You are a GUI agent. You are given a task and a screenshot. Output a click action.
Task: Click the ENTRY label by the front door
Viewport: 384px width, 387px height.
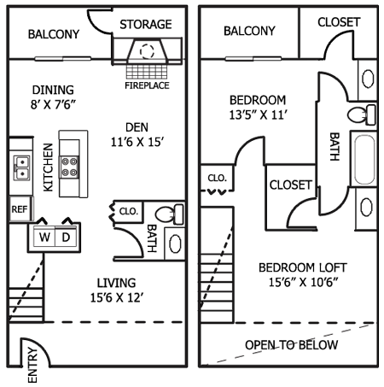pyautogui.click(x=32, y=366)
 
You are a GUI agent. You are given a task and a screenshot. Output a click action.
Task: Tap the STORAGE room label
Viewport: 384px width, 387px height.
pyautogui.click(x=146, y=25)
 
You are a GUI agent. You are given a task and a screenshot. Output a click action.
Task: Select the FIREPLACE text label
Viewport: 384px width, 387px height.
pyautogui.click(x=147, y=85)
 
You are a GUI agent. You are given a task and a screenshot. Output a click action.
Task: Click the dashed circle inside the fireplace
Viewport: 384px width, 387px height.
pyautogui.click(x=147, y=51)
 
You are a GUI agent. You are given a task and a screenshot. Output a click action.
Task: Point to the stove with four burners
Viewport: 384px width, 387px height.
pyautogui.click(x=69, y=167)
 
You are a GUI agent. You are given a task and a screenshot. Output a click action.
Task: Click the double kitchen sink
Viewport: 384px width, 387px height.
pyautogui.click(x=21, y=168)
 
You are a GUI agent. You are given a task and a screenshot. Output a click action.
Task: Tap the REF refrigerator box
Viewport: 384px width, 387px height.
pyautogui.click(x=20, y=209)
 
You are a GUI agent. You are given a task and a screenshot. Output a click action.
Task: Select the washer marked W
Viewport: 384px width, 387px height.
pyautogui.click(x=44, y=237)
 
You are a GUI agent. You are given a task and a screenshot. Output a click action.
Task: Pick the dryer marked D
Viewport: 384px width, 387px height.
pyautogui.click(x=66, y=237)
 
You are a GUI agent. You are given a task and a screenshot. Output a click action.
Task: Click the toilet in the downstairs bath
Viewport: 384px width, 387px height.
pyautogui.click(x=170, y=214)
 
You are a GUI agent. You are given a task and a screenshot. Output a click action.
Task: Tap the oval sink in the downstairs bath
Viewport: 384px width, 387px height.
pyautogui.click(x=175, y=243)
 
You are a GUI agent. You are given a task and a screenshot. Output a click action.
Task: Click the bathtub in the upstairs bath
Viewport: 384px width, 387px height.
pyautogui.click(x=365, y=159)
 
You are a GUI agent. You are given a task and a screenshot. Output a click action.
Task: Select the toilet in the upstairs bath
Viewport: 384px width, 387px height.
pyautogui.click(x=362, y=114)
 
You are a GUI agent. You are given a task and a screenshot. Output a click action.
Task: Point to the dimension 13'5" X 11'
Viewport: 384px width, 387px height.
pyautogui.click(x=259, y=115)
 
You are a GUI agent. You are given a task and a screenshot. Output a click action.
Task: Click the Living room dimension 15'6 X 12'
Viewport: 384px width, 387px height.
pyautogui.click(x=117, y=298)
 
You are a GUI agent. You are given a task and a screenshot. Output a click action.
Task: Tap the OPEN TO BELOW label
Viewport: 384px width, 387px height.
pyautogui.click(x=292, y=345)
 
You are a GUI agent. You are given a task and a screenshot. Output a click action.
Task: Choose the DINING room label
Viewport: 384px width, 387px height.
pyautogui.click(x=53, y=90)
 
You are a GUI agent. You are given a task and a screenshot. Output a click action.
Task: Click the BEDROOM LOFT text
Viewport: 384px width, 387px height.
pyautogui.click(x=303, y=267)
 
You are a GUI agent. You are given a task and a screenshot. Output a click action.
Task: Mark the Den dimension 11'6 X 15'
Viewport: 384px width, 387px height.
pyautogui.click(x=137, y=142)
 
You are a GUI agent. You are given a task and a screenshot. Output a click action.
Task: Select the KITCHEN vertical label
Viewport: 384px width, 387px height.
pyautogui.click(x=48, y=167)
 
